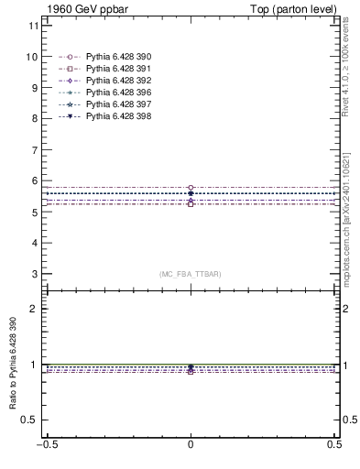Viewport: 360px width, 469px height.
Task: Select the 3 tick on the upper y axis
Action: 34,274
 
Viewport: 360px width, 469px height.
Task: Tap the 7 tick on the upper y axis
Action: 34,150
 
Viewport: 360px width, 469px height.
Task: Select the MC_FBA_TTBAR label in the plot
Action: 191,274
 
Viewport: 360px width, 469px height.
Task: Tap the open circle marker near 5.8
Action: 191,188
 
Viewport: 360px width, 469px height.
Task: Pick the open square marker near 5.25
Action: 191,203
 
